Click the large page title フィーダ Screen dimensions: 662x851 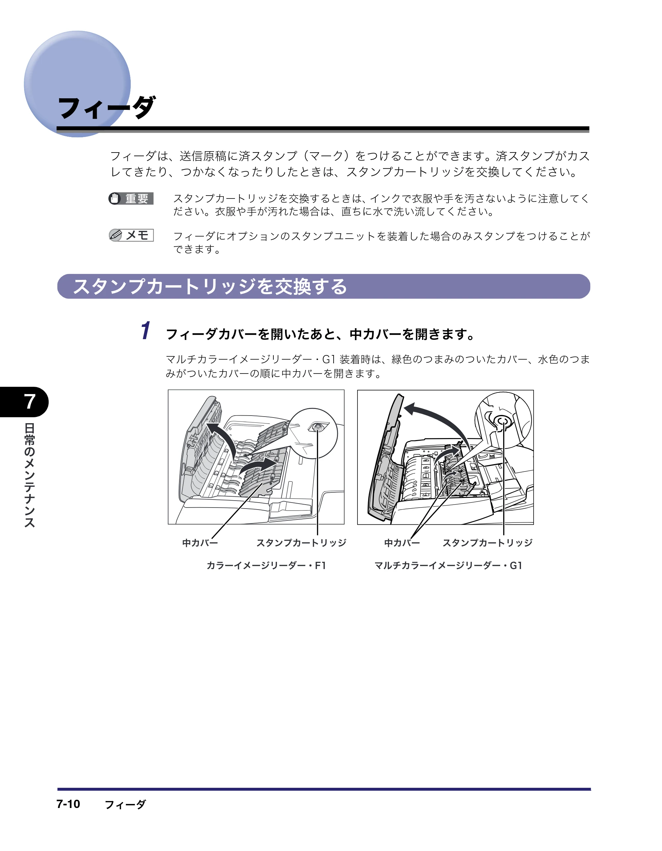106,107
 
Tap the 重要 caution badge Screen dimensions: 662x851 131,199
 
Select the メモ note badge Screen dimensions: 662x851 131,235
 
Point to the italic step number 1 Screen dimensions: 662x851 145,331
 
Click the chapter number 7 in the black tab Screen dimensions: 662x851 30,402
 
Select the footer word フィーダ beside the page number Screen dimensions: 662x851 125,804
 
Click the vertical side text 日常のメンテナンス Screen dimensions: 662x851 30,475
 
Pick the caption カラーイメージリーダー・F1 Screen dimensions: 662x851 266,565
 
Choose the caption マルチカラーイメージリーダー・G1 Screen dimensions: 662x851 449,565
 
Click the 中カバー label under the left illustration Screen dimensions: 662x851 200,543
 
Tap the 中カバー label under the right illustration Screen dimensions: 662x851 402,543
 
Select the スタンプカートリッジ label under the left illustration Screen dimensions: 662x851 301,543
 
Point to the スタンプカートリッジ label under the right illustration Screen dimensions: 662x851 487,543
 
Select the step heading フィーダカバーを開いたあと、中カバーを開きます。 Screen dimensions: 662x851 320,334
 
